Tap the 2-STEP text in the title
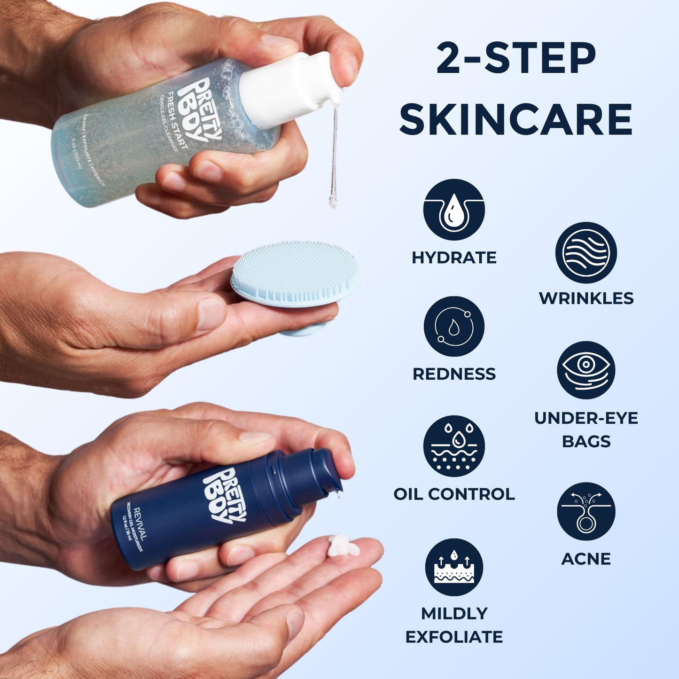515,59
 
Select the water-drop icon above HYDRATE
453,210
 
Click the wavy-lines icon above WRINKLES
586,252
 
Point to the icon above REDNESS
453,326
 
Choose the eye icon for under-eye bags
586,370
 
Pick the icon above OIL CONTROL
453,446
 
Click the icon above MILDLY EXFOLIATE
453,567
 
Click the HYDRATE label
453,258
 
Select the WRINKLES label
586,298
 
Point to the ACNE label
586,559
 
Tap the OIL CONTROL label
453,494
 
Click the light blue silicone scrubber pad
295,273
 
